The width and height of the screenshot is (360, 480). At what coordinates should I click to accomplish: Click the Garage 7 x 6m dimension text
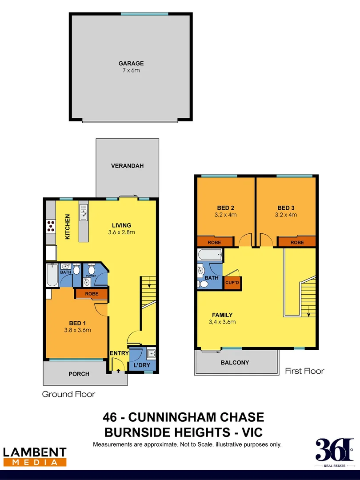click(x=131, y=71)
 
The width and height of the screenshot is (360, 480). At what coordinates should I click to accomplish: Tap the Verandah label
click(x=127, y=166)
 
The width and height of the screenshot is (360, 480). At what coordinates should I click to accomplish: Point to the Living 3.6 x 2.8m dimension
click(x=121, y=232)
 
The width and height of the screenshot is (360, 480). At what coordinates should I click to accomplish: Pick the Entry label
click(x=119, y=353)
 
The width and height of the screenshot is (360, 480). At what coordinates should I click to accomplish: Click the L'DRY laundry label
click(x=141, y=365)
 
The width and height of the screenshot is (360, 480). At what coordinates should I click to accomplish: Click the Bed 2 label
click(x=226, y=208)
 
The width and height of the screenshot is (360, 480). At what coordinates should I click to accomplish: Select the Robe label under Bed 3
click(x=297, y=242)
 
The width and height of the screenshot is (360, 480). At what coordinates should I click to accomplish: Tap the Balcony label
click(x=235, y=363)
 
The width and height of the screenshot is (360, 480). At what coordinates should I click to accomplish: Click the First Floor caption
click(x=304, y=371)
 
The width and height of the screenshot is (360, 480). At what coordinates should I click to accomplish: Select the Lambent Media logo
click(x=35, y=456)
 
